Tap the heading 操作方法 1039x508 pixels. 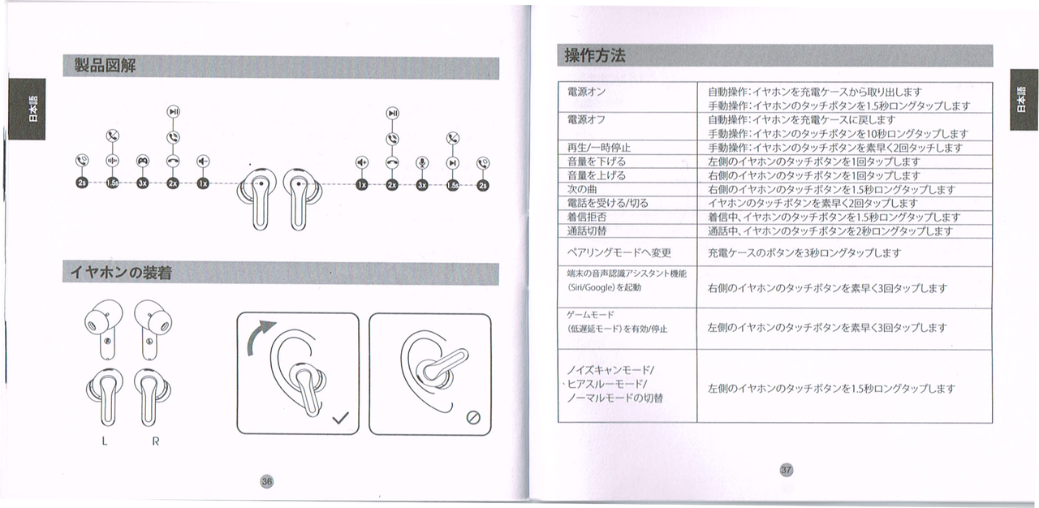point(595,55)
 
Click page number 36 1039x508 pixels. point(266,480)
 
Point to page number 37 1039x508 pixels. point(785,469)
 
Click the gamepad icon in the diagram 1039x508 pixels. point(142,161)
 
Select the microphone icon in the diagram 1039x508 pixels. point(421,162)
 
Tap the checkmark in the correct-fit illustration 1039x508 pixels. point(342,419)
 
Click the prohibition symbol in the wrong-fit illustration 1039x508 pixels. point(474,418)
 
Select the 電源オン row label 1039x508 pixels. point(586,92)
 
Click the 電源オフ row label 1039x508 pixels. point(586,119)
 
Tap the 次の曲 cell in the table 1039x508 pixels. point(581,189)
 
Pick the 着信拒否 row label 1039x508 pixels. point(586,217)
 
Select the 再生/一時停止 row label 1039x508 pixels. point(598,148)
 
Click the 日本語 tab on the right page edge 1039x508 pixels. point(1024,99)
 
